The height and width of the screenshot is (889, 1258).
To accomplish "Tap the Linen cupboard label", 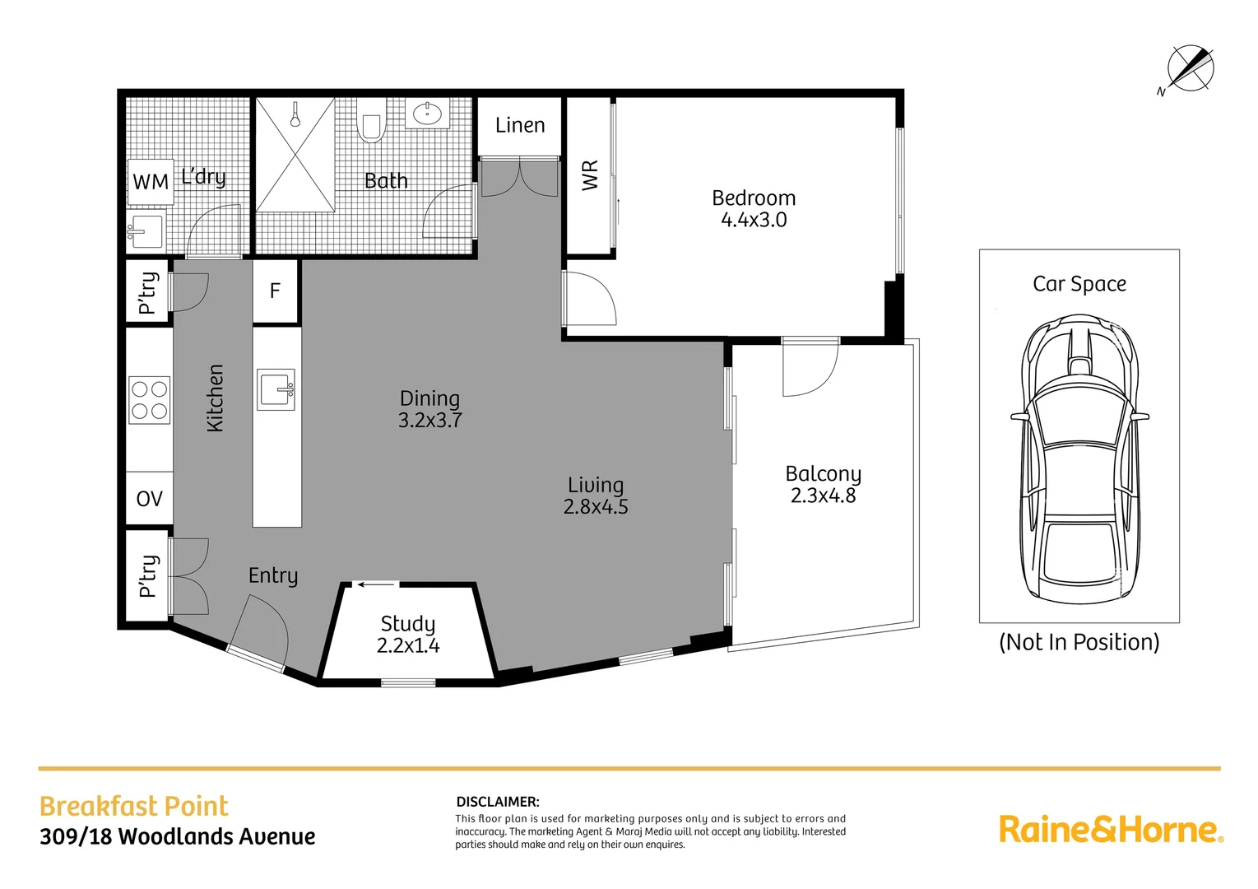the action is click(x=519, y=125).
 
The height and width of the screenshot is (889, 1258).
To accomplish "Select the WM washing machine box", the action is click(x=151, y=182).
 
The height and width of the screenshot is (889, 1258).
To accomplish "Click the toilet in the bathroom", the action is click(x=371, y=120).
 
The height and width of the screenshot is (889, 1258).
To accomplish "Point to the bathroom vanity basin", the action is click(x=427, y=114).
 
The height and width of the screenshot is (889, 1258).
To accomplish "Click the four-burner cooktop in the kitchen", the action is click(x=150, y=399).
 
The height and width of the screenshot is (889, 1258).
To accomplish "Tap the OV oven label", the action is click(x=150, y=499).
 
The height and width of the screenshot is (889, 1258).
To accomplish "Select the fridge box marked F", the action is click(x=275, y=291).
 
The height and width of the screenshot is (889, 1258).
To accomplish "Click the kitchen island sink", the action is click(x=276, y=389).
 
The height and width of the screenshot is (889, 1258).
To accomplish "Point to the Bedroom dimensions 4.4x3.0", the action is click(x=754, y=220).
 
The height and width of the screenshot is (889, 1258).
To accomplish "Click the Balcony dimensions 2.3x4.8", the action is click(x=824, y=496).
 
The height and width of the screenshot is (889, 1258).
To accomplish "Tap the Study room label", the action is click(x=408, y=624).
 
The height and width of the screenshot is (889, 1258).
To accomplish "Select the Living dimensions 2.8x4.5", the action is click(x=596, y=507).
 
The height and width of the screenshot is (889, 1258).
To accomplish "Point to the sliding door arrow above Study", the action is click(x=376, y=585).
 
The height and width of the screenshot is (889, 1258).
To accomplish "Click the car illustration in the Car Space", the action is click(x=1079, y=459).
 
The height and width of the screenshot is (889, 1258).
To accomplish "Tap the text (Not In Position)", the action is click(x=1079, y=642).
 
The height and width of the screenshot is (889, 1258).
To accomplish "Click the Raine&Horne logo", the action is click(x=1111, y=830).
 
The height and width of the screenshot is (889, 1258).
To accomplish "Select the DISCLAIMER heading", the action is click(x=498, y=802).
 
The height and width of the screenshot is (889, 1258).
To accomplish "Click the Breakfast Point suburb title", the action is click(x=133, y=807).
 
